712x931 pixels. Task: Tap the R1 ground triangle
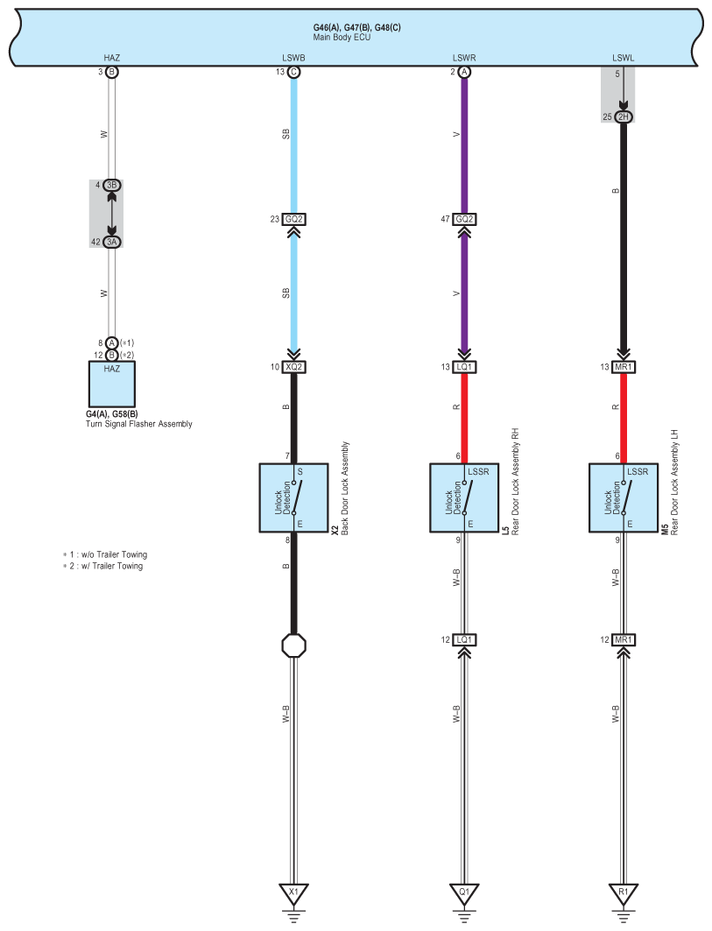[x=623, y=893]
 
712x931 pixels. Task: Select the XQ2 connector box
[x=293, y=367]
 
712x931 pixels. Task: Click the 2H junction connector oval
[x=623, y=117]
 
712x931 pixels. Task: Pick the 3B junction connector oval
[x=111, y=186]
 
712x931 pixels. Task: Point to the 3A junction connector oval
[x=111, y=242]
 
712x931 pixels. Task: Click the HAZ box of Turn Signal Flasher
[x=111, y=384]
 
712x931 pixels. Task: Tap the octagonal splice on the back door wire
[x=293, y=645]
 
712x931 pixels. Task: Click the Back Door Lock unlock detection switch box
[x=293, y=497]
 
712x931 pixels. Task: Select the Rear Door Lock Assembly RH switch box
[x=464, y=497]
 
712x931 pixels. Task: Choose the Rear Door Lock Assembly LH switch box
[x=623, y=497]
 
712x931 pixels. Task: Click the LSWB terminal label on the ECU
[x=293, y=58]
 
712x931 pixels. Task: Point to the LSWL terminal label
[x=623, y=58]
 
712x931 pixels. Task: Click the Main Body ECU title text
[x=342, y=37]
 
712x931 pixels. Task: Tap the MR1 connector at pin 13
[x=623, y=367]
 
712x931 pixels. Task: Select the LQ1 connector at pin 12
[x=464, y=639]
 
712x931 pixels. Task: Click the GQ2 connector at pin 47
[x=464, y=219]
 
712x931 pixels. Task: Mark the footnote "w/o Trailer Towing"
[x=114, y=554]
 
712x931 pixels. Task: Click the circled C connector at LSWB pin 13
[x=293, y=72]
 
